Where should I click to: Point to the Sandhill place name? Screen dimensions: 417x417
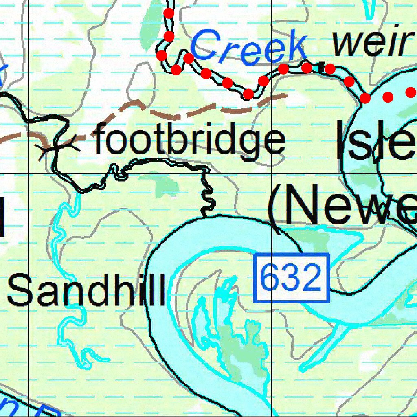pos(86,290)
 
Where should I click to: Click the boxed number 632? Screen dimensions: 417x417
pos(291,278)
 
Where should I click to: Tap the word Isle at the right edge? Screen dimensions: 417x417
pos(375,140)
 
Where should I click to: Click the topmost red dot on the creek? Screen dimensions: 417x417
pos(169,13)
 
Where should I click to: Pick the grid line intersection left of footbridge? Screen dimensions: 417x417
pos(28,173)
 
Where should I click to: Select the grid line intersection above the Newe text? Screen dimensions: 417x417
pos(272,173)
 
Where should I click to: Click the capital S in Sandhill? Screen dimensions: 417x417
pos(19,290)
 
